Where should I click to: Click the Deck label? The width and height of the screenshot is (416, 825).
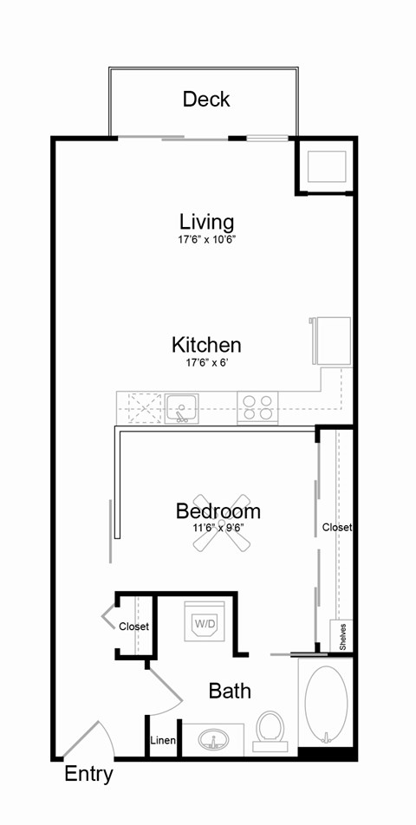click(x=206, y=99)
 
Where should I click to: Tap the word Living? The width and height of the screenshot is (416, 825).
click(x=206, y=221)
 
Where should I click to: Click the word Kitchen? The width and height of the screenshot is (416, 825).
click(x=206, y=345)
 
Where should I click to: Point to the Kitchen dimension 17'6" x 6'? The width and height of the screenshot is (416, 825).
click(x=206, y=365)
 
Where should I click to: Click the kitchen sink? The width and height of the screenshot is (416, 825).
click(x=182, y=406)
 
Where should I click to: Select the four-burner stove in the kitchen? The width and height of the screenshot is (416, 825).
click(x=257, y=406)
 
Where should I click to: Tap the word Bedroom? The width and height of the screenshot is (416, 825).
click(x=218, y=510)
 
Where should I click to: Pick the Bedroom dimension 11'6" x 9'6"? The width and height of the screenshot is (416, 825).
click(x=218, y=527)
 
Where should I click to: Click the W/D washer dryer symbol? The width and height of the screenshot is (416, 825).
click(x=205, y=622)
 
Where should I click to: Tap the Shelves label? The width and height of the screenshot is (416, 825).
click(x=343, y=637)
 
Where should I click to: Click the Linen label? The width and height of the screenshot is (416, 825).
click(x=163, y=741)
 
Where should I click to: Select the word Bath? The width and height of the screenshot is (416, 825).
click(x=230, y=691)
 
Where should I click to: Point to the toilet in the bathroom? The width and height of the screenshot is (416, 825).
click(x=271, y=729)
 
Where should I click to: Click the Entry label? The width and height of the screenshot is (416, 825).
click(x=88, y=774)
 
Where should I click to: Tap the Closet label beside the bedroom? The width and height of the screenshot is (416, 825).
click(x=336, y=527)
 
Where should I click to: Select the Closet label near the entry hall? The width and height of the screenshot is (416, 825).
click(x=133, y=626)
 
